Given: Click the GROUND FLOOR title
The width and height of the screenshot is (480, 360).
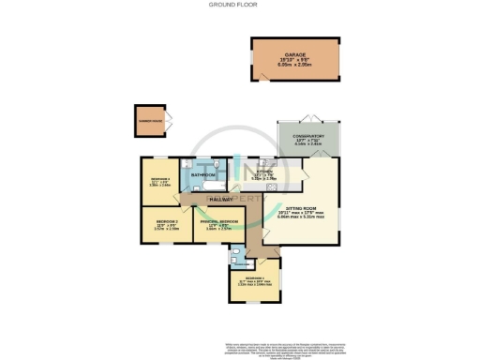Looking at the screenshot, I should pyautogui.click(x=239, y=6).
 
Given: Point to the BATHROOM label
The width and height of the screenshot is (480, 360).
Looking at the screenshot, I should pyautogui.click(x=203, y=175).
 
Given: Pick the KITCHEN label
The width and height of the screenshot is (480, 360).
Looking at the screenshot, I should pyautogui.click(x=262, y=171).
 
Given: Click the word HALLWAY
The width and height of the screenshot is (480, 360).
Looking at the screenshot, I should pyautogui.click(x=221, y=200).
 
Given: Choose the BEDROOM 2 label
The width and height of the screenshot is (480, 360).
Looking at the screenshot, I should pyautogui.click(x=163, y=221).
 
